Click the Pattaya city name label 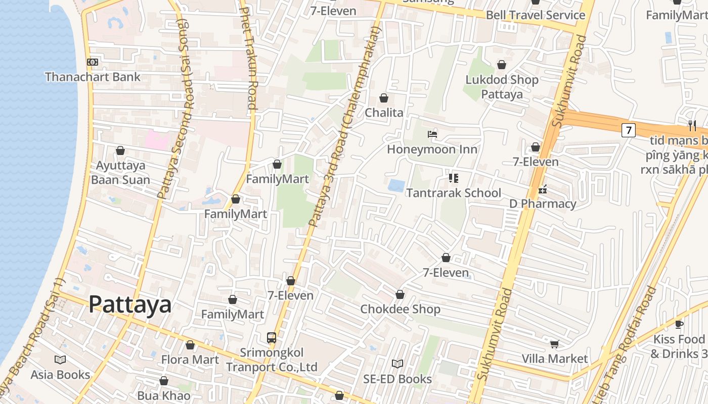pos(130,305)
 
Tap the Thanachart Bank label pos(93,77)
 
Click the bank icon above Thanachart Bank pos(93,62)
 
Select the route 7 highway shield pos(628,130)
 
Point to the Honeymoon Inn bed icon pos(432,134)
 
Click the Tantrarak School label pos(454,192)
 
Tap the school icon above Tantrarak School pos(454,178)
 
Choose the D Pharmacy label pos(542,204)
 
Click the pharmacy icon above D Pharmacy pos(543,189)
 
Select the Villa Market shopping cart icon pos(555,344)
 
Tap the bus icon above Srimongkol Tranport pos(272,337)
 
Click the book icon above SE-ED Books pos(397,364)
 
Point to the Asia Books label pos(60,374)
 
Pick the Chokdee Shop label pos(400,309)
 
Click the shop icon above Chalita pos(384,98)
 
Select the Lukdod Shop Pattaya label pos(502,86)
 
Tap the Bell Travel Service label pos(536,15)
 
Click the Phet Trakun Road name pos(248,58)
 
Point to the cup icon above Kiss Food pos(679,324)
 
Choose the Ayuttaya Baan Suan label pos(120,172)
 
